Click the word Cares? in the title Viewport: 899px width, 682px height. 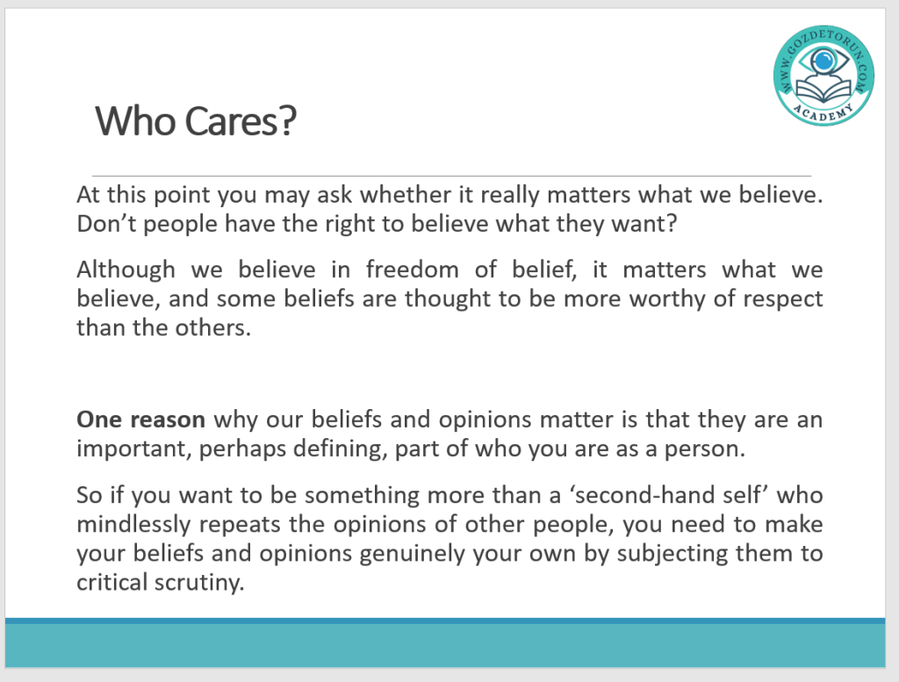(241, 121)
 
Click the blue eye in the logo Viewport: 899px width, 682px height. (823, 61)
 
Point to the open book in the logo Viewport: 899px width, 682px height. (823, 90)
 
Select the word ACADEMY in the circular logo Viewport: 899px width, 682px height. (823, 112)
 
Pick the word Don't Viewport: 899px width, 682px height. (106, 224)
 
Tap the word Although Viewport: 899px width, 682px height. (126, 270)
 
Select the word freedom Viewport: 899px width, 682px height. (413, 269)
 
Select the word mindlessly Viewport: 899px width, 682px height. (133, 524)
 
